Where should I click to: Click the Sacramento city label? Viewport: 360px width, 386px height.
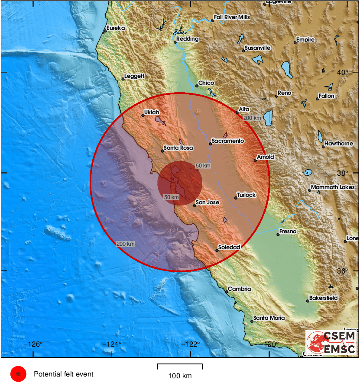(x=228, y=141)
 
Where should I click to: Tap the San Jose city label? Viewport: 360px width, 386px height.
(x=207, y=202)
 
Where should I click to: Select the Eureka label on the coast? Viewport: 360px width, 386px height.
(x=116, y=28)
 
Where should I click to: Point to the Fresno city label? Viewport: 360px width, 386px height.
(x=288, y=232)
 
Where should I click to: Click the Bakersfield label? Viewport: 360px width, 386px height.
(x=323, y=298)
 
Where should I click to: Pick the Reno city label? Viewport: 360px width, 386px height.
(x=285, y=93)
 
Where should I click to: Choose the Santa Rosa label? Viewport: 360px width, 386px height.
(x=178, y=148)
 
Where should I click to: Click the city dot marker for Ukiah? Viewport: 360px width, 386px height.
(x=143, y=116)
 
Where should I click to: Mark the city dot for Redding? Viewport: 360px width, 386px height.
(x=175, y=42)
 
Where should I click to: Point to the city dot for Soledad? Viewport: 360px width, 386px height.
(x=217, y=250)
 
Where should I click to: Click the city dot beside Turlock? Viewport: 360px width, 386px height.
(x=236, y=198)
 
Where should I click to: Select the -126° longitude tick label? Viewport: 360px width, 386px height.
(x=34, y=344)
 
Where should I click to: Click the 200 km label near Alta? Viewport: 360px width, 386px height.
(x=252, y=118)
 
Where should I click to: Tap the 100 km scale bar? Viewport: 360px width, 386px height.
(x=180, y=367)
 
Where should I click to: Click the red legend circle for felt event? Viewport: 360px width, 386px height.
(x=18, y=374)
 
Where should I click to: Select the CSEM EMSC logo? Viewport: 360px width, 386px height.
(x=331, y=342)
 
